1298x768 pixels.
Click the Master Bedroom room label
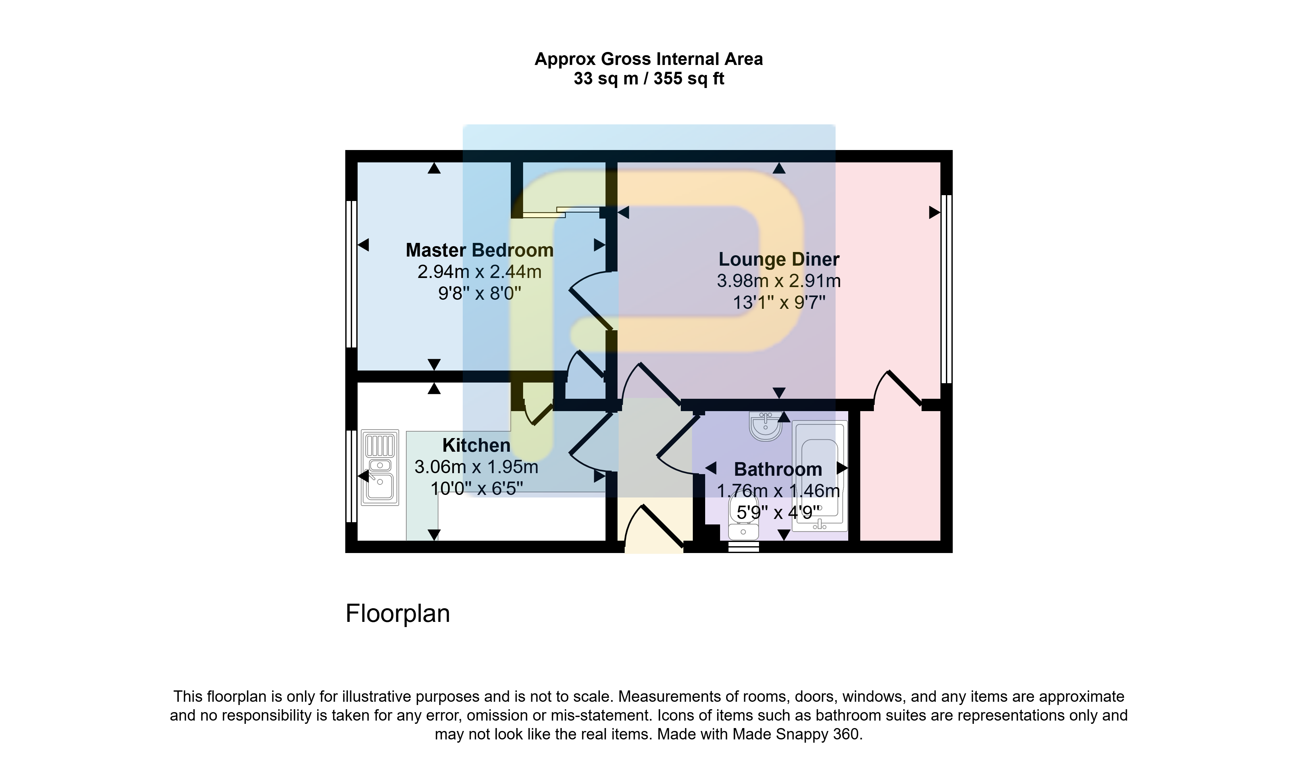coord(479,250)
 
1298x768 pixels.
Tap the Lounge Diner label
coord(779,259)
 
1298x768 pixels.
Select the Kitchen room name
coord(476,445)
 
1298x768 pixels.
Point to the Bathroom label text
coord(778,469)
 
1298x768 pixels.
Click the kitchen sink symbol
coord(380,467)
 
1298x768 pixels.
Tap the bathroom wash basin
coord(765,426)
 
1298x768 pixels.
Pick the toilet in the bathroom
coord(743,519)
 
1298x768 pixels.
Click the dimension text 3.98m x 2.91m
coord(779,281)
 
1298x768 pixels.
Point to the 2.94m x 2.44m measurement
coord(479,272)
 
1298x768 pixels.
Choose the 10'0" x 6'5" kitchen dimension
coord(476,488)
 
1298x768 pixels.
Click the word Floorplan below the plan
coord(398,614)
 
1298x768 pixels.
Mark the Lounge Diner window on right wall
coord(946,289)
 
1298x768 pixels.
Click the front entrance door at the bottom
coord(654,528)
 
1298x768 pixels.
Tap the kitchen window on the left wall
coord(351,476)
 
